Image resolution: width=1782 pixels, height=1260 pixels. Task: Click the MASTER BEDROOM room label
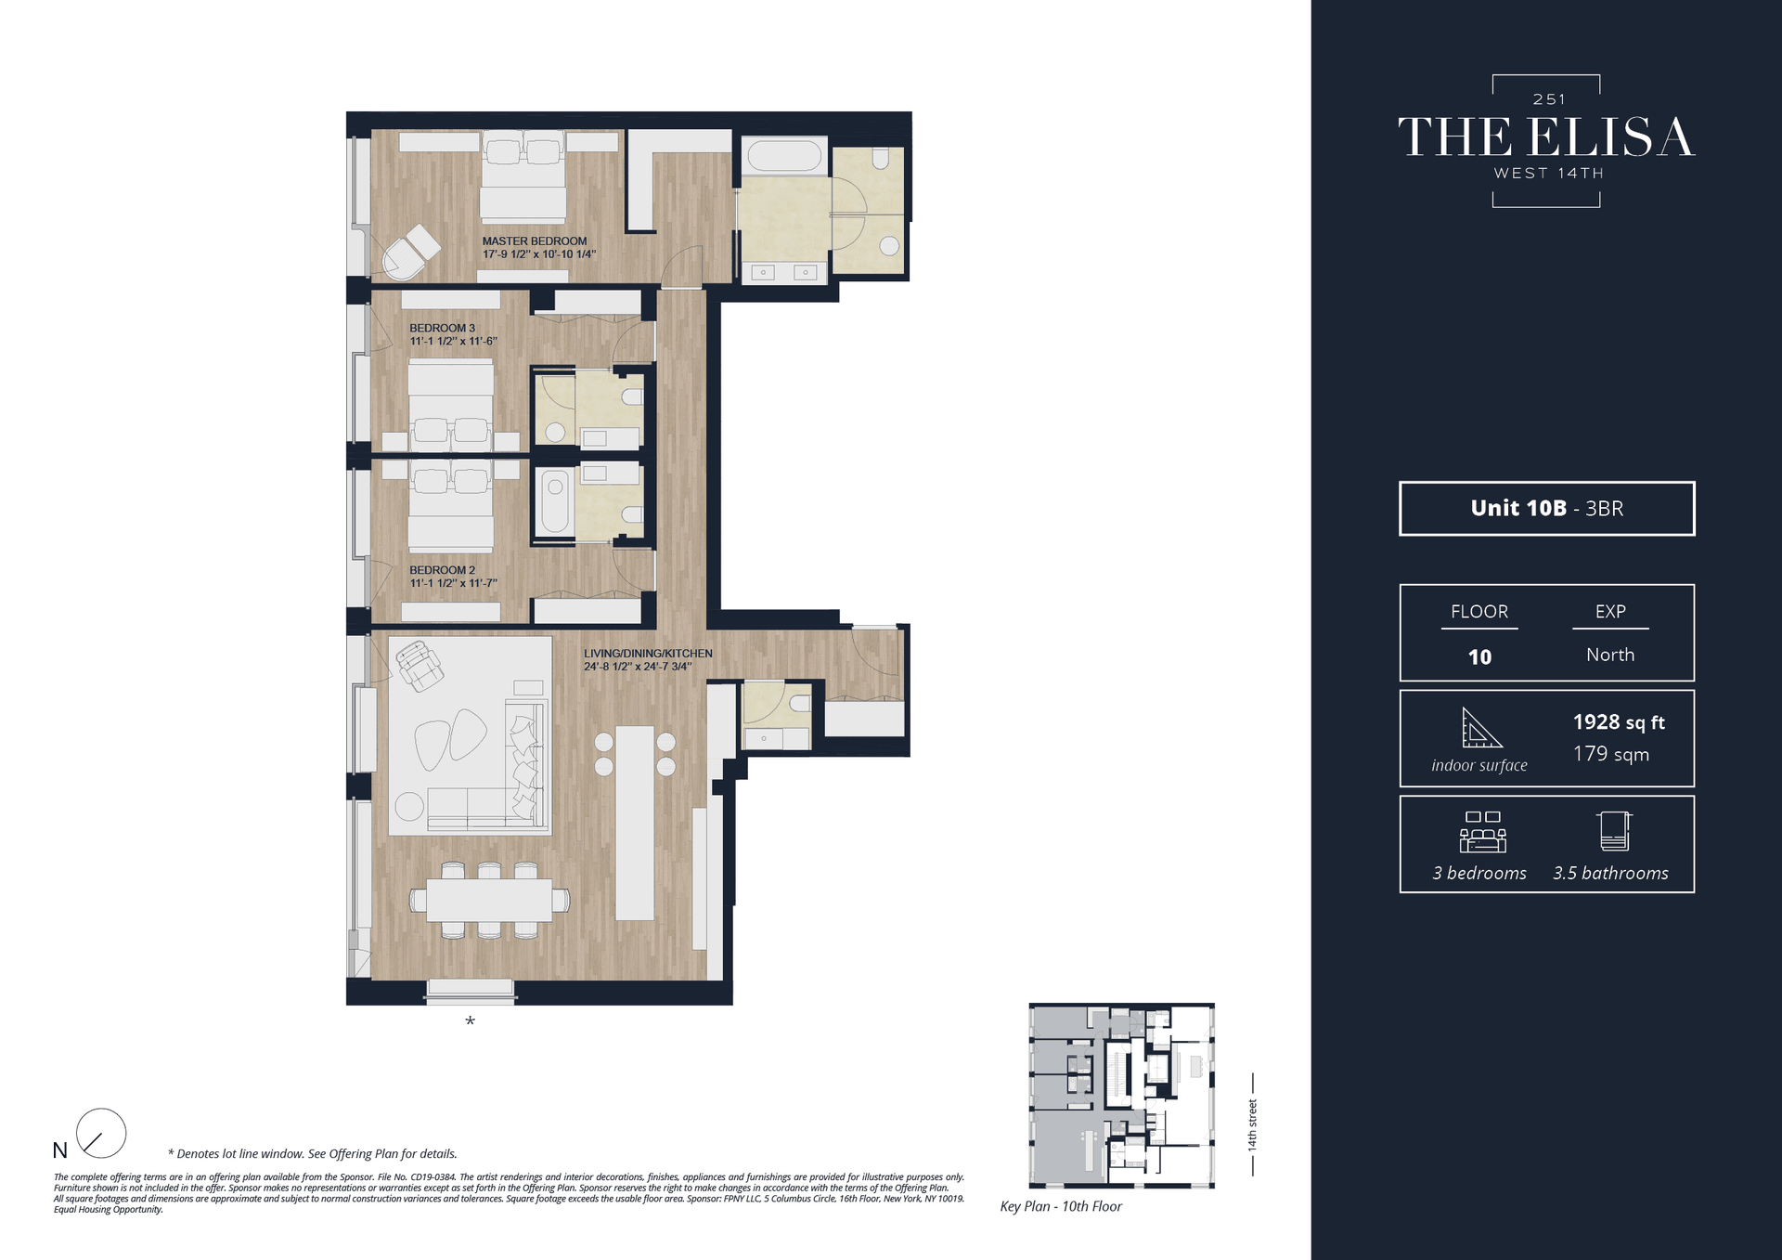coord(535,241)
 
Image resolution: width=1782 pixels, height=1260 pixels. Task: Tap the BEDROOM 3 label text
coord(443,328)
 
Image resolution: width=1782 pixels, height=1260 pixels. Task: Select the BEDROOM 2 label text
coord(443,570)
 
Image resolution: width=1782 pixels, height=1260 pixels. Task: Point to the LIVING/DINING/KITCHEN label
coord(648,654)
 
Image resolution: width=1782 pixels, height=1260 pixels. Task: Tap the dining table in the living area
coord(489,900)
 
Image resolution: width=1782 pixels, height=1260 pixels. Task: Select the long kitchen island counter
coord(635,823)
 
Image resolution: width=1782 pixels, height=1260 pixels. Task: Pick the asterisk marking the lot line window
coord(470,1022)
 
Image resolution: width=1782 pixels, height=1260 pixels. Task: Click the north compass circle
coord(100,1133)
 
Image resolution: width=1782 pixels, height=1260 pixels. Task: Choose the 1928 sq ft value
coord(1619,722)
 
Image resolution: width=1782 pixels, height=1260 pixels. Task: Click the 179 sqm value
coord(1611,754)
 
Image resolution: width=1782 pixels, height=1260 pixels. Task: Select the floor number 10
coord(1479,657)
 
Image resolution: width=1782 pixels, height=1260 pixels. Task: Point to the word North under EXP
coord(1610,655)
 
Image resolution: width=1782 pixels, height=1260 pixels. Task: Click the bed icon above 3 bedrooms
coord(1482,832)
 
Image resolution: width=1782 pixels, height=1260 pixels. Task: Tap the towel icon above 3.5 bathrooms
coord(1614,831)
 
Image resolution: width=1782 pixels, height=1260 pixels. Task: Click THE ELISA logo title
coord(1546,137)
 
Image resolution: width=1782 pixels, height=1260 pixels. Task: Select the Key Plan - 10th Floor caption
coord(1061,1206)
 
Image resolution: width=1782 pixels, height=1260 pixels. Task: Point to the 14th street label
coord(1252,1125)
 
